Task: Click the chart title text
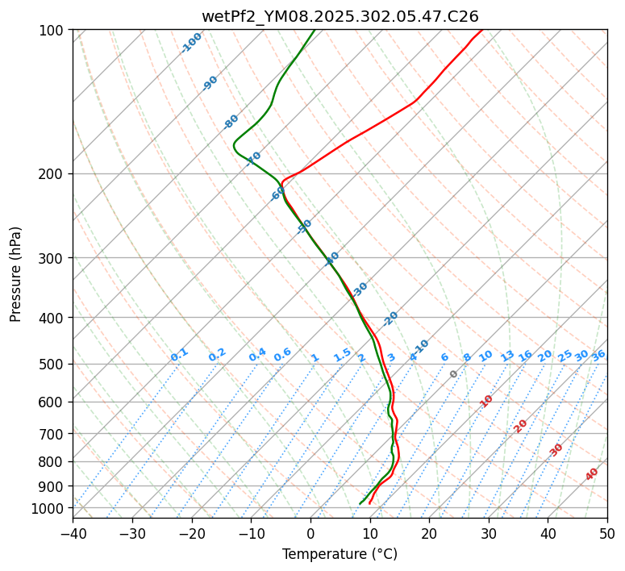(340, 16)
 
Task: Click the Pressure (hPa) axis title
(16, 274)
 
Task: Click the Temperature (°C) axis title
(340, 555)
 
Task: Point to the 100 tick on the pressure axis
(52, 31)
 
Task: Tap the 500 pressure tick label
(52, 365)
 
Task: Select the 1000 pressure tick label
(48, 508)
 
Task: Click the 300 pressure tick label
(52, 258)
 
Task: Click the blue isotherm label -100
(191, 43)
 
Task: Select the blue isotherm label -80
(231, 122)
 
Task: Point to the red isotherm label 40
(592, 474)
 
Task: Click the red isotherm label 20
(521, 425)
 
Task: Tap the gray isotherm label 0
(454, 374)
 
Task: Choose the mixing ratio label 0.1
(179, 355)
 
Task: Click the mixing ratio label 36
(598, 355)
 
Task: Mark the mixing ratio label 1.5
(342, 355)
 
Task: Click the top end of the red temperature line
(482, 31)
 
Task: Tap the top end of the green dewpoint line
(315, 31)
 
